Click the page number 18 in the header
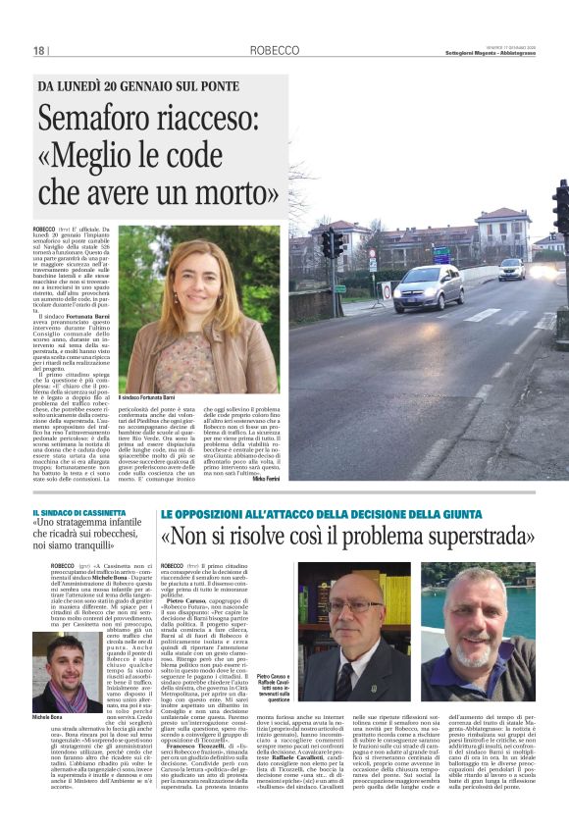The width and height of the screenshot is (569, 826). [x=39, y=51]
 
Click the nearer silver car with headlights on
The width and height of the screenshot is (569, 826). [x=429, y=287]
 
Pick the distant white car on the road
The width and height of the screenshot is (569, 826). [x=510, y=269]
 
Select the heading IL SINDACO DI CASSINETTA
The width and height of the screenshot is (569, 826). [x=80, y=514]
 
